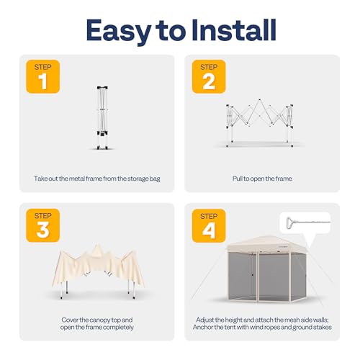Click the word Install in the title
(234, 30)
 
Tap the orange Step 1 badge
(42, 76)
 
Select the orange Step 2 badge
(209, 76)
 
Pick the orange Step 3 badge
(42, 225)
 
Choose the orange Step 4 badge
(209, 225)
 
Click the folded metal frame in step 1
(102, 117)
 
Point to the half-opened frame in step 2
(259, 122)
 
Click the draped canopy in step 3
(98, 266)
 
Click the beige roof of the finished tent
(266, 243)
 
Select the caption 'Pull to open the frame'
(262, 179)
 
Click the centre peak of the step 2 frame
(259, 99)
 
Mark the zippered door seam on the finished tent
(258, 276)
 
